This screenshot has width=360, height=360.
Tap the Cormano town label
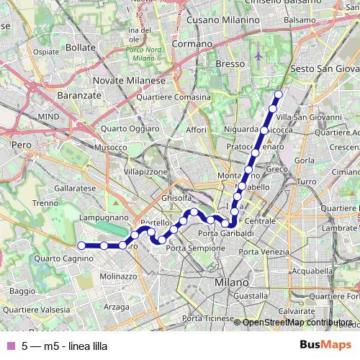(x=194, y=44)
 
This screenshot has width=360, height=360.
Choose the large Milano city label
(x=232, y=282)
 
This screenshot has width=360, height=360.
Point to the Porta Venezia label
(x=264, y=252)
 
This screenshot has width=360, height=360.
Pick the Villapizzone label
(x=145, y=173)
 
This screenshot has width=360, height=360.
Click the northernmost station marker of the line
(x=279, y=94)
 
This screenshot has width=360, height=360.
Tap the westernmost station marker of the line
(x=81, y=246)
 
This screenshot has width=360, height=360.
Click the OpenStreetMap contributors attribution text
(x=296, y=322)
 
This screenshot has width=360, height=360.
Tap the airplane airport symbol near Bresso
(x=258, y=54)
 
